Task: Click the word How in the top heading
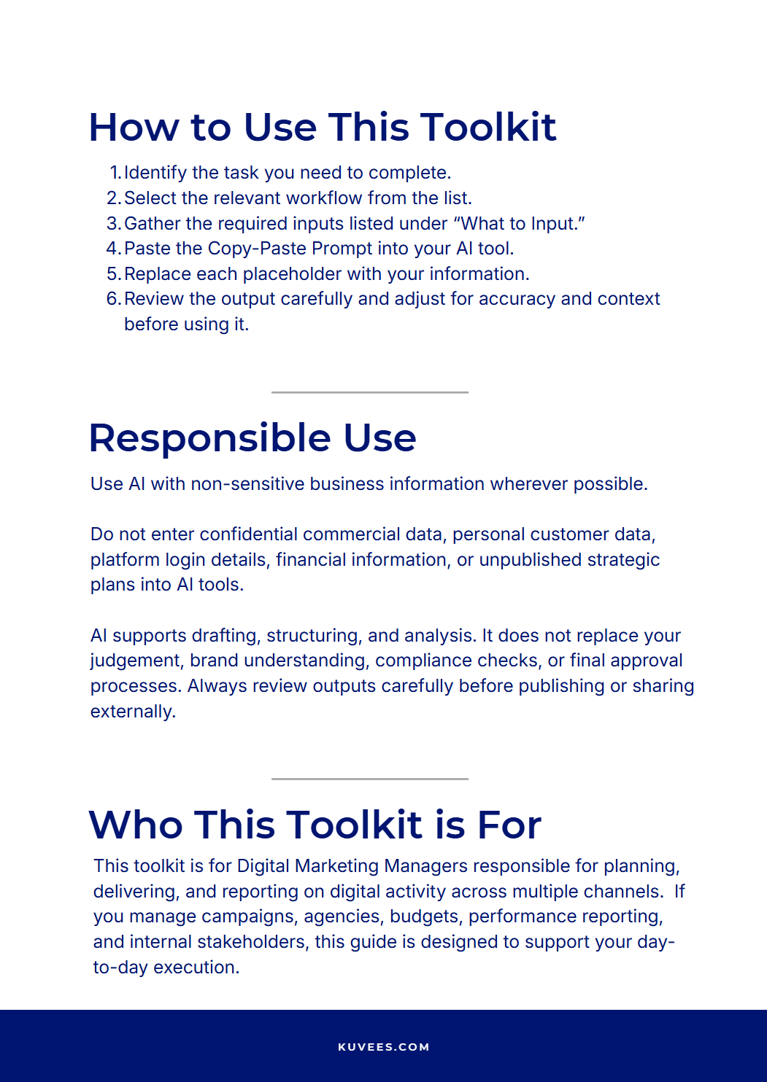(x=134, y=128)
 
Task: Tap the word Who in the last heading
(x=135, y=825)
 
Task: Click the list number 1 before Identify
(x=115, y=173)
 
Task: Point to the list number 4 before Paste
(x=113, y=249)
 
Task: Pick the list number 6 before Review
(x=113, y=299)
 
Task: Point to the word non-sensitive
(x=247, y=484)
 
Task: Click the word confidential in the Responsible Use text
(x=248, y=534)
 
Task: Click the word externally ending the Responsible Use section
(x=133, y=712)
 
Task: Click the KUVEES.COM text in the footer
(x=384, y=1047)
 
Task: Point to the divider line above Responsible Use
(x=370, y=392)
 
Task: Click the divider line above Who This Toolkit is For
(x=370, y=779)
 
